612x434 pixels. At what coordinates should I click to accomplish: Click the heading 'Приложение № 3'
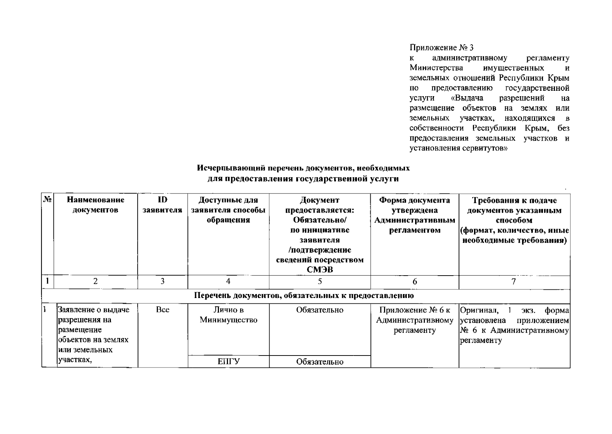441,48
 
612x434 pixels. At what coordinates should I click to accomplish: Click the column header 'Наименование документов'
95,205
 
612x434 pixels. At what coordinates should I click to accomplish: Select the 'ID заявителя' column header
162,205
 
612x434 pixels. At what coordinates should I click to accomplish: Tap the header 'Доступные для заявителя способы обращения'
228,210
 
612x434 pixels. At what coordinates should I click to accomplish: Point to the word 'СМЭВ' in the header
320,270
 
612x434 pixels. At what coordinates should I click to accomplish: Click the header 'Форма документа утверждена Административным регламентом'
414,215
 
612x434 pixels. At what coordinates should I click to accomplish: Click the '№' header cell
48,200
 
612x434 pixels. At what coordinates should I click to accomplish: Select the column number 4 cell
228,281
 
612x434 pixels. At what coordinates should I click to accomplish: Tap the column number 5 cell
320,281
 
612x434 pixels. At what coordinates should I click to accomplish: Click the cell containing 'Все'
163,310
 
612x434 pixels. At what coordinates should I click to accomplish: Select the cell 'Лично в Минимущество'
228,315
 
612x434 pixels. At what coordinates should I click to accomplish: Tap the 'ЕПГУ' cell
228,362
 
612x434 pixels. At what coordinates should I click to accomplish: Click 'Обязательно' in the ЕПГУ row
320,362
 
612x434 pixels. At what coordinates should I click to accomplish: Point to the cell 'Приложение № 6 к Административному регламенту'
414,320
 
